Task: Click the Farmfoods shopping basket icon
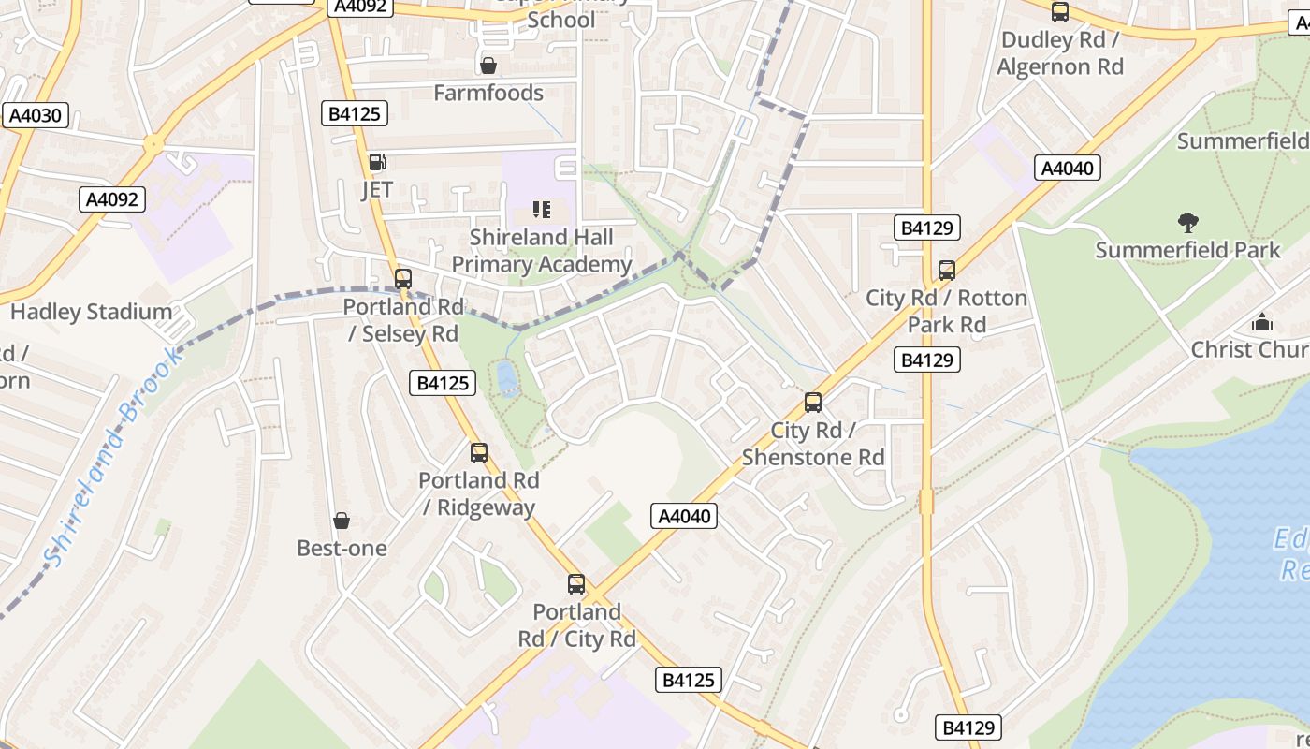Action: point(488,66)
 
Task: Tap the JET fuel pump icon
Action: point(377,162)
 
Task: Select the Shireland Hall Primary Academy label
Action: point(542,251)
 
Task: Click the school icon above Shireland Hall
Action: point(542,209)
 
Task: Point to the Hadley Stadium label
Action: point(91,312)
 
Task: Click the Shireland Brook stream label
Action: point(110,459)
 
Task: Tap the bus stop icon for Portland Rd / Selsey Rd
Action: point(403,278)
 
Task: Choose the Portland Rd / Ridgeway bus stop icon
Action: point(479,452)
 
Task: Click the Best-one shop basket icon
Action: point(342,521)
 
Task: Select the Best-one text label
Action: point(342,548)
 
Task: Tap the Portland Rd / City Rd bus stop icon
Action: point(576,584)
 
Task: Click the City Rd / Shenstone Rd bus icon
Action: point(813,403)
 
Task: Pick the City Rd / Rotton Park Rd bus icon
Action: point(947,271)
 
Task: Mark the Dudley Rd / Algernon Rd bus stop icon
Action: point(1060,12)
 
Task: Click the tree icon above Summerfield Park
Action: point(1187,223)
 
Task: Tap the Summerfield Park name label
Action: point(1187,250)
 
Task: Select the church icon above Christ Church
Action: point(1262,323)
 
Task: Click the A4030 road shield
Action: point(36,116)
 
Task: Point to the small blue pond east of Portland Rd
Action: point(507,377)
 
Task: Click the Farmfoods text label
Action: point(488,93)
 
